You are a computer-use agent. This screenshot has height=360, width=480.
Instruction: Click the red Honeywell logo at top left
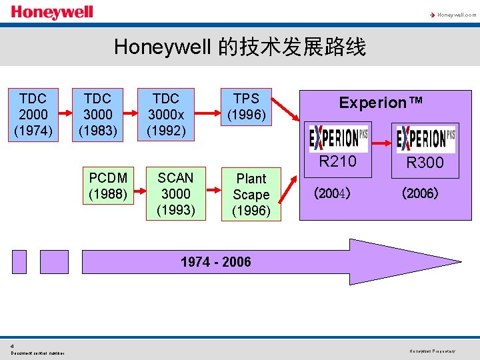pos(52,12)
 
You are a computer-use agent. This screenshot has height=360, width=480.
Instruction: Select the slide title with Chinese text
pos(240,47)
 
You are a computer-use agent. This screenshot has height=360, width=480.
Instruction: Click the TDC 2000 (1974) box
pos(33,114)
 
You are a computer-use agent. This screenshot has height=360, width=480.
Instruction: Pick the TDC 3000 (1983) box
pos(98,114)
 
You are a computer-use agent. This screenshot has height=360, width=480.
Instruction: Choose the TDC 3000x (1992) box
pos(166,114)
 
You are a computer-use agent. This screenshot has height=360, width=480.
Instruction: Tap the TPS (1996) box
pos(246,107)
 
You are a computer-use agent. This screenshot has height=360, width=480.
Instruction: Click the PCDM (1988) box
pos(108,186)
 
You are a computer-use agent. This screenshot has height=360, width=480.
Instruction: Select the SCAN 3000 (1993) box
pos(175,194)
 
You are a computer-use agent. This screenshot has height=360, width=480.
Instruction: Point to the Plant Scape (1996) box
pos(251,195)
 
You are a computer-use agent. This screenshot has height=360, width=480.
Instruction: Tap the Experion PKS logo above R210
pos(339,138)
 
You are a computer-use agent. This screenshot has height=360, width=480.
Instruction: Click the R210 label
pos(338,161)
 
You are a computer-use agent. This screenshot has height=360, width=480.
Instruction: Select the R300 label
pos(425,163)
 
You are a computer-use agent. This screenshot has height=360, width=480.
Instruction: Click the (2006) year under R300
pos(419,194)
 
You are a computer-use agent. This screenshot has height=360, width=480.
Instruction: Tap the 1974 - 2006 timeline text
pos(216,261)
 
